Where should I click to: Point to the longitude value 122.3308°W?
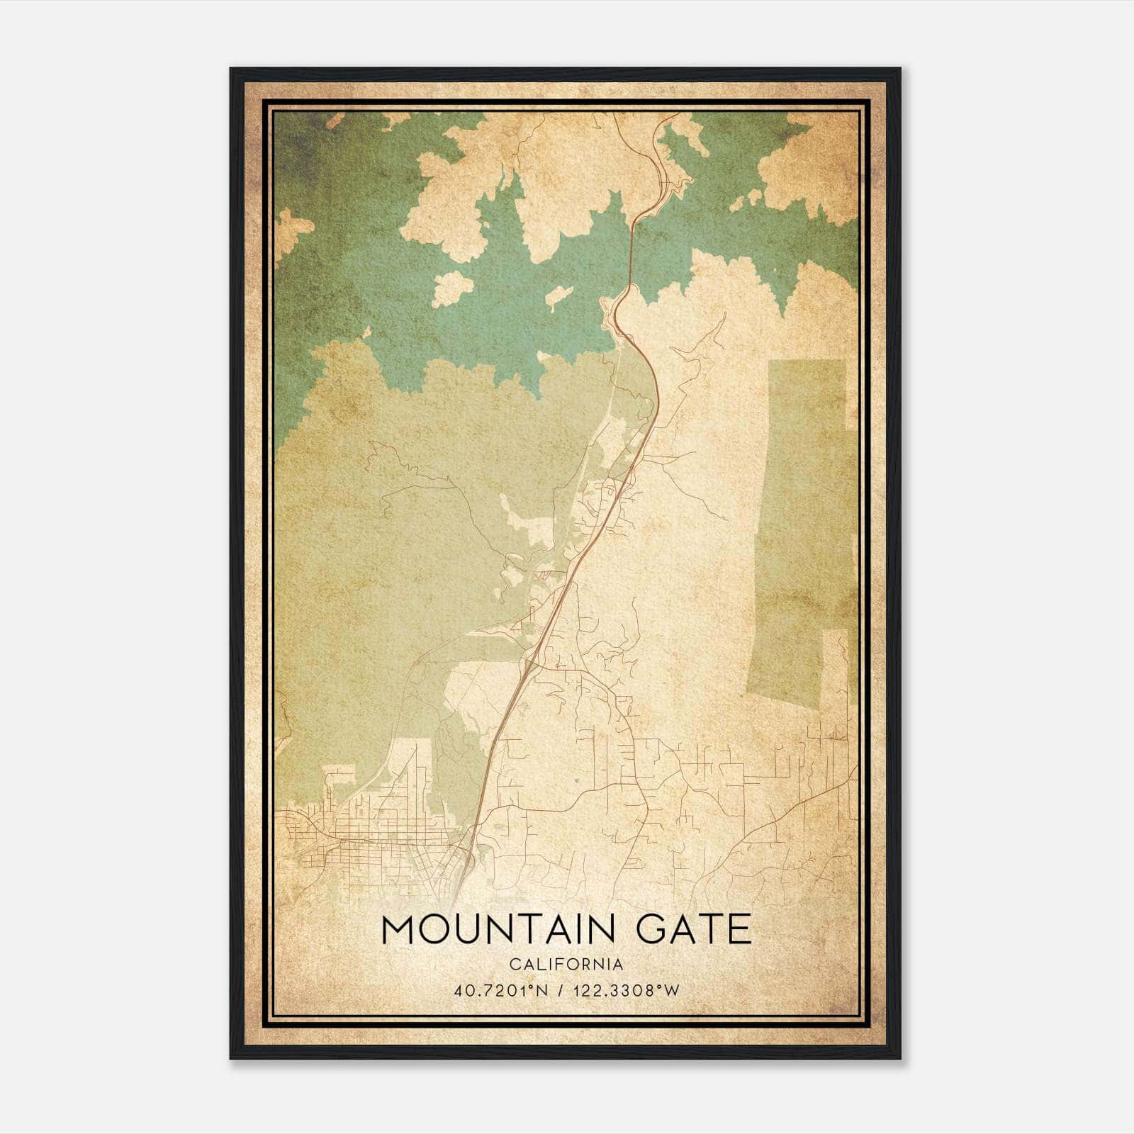[x=625, y=991]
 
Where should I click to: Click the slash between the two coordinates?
[x=563, y=991]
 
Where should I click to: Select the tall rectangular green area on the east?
[x=797, y=524]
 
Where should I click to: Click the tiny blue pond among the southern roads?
[x=577, y=781]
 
